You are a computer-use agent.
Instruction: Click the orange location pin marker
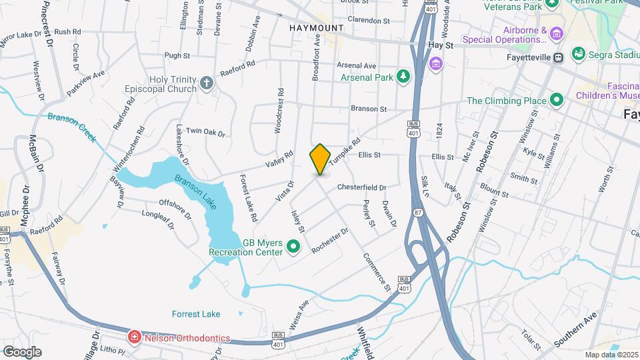(x=320, y=159)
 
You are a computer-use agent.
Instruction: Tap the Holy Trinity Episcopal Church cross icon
(x=207, y=83)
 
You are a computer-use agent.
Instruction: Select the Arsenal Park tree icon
(x=403, y=77)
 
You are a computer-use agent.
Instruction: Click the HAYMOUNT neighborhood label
(x=317, y=28)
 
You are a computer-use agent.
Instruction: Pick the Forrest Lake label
(x=196, y=314)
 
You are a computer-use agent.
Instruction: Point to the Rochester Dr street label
(x=330, y=241)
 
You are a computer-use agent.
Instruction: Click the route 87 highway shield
(x=418, y=213)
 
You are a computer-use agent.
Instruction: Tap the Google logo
(x=21, y=352)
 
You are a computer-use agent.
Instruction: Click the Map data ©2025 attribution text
(x=612, y=355)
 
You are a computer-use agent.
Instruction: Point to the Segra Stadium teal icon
(x=579, y=53)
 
